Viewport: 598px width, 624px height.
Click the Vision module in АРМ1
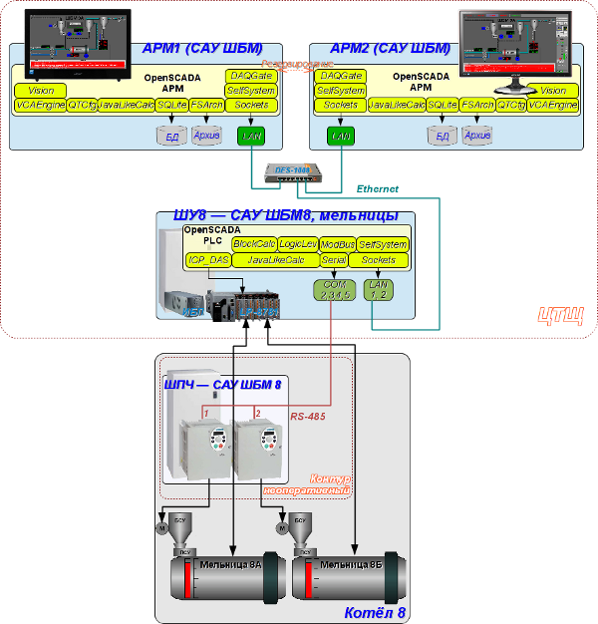(x=41, y=91)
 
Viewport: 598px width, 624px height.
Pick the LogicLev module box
(x=297, y=243)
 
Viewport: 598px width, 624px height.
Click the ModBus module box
(x=339, y=243)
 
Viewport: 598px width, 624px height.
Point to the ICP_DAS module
(x=207, y=260)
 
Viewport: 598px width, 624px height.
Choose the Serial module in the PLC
(x=335, y=260)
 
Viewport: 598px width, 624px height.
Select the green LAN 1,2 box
(x=379, y=290)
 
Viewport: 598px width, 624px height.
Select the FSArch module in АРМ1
(x=207, y=105)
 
